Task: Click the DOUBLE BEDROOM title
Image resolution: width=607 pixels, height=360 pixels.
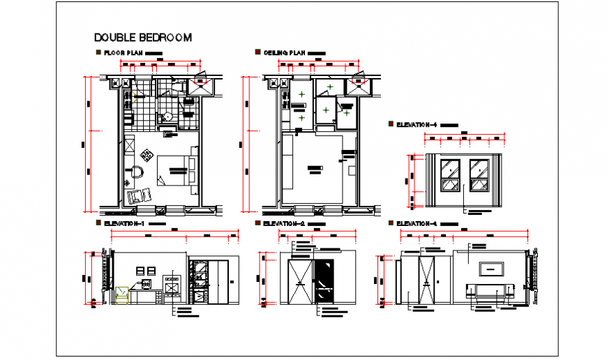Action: click(x=142, y=38)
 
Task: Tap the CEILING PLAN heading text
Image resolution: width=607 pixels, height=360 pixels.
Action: click(x=285, y=53)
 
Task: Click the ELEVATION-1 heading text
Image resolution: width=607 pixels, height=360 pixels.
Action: click(x=123, y=224)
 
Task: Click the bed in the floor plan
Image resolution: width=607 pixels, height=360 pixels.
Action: click(x=176, y=170)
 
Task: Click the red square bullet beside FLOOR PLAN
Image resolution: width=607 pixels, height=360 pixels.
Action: click(x=98, y=52)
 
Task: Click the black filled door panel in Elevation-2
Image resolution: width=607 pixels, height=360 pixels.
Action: click(x=323, y=283)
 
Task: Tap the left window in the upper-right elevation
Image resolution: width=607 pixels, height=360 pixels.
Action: click(x=450, y=176)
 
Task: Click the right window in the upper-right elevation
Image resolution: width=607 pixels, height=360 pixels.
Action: click(x=479, y=176)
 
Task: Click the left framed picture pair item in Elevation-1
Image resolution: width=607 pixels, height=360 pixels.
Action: click(x=140, y=270)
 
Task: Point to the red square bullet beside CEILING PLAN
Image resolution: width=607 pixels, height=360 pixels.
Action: click(x=258, y=52)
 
